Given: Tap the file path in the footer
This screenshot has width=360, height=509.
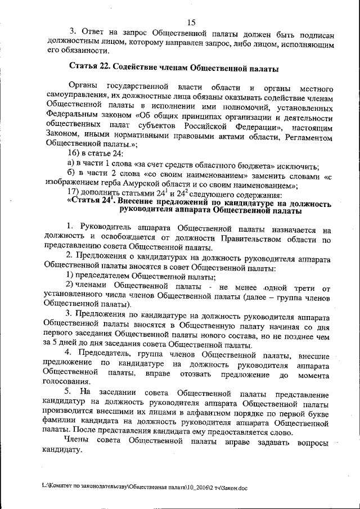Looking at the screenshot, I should pos(145,488).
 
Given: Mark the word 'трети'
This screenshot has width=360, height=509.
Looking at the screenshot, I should pos(304,287).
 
